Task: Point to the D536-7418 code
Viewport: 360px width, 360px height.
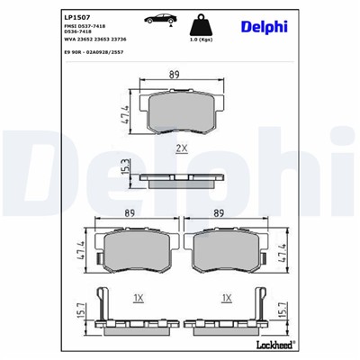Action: click(x=82, y=34)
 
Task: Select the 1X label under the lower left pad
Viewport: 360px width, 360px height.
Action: click(x=139, y=296)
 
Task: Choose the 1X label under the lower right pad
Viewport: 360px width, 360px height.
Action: click(x=227, y=296)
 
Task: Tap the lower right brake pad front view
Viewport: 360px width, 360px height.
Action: click(x=226, y=254)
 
